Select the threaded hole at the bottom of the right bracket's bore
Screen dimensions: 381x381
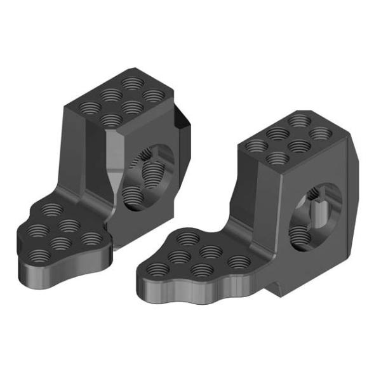coord(305,238)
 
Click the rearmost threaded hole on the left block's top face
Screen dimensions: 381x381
coord(132,83)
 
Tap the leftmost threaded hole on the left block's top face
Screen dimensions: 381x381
coord(89,105)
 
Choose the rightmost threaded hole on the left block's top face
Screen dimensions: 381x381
coord(154,95)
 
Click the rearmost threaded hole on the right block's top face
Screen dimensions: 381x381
coord(298,120)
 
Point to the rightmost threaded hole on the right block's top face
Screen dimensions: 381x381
coord(320,133)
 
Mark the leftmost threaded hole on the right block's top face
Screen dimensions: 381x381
coord(257,144)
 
